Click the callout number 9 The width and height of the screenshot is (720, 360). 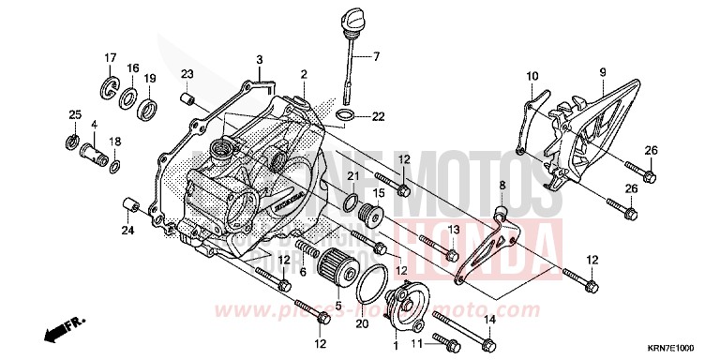coord(603,72)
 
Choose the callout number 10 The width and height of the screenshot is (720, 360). coord(532,75)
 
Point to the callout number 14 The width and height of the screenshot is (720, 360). coord(489,320)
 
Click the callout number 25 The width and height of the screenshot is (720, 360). coord(73,115)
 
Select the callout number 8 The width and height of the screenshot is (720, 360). coord(502,186)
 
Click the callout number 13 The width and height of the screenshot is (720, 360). coord(451,230)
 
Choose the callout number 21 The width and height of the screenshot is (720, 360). coord(353,177)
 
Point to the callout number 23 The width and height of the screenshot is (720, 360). coord(187,74)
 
